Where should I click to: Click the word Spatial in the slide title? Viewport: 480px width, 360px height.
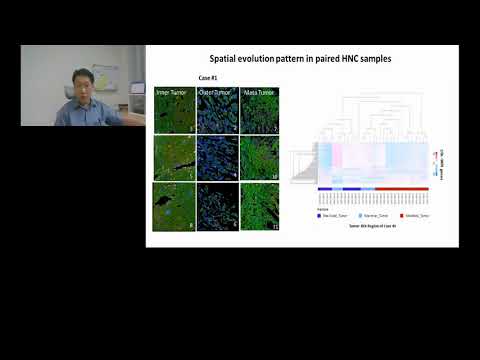tap(226, 59)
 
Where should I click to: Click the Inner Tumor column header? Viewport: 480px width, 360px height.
tap(173, 93)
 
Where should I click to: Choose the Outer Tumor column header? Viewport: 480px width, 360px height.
tap(216, 93)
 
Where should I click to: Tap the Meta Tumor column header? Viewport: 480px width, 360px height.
tap(259, 93)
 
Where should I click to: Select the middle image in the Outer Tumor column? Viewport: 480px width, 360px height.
tap(216, 157)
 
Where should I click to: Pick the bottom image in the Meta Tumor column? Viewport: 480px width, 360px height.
tap(260, 205)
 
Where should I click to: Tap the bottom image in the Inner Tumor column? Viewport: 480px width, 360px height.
tap(174, 205)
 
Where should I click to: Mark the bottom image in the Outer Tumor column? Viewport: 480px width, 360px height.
tap(216, 205)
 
